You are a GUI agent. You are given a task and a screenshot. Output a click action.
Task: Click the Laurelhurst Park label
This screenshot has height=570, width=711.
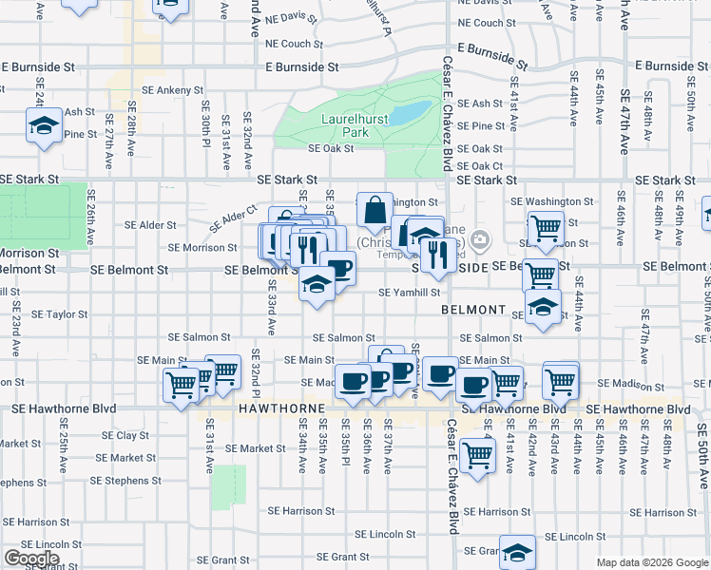click(x=344, y=125)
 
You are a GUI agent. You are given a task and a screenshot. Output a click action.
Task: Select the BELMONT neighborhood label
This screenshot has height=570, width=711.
click(x=473, y=310)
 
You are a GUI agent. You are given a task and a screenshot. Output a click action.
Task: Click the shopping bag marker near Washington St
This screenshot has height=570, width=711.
click(x=375, y=208)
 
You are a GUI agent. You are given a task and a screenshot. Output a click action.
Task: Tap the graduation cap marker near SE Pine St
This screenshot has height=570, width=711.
click(x=44, y=126)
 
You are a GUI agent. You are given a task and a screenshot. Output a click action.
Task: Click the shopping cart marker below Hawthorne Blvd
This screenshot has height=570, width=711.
click(x=477, y=454)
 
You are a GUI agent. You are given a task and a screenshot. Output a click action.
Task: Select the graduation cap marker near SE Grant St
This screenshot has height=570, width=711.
click(x=518, y=552)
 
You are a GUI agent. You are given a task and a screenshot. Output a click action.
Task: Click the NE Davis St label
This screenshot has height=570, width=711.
click(x=291, y=17)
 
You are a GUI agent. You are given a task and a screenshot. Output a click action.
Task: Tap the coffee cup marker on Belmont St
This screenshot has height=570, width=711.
click(x=337, y=268)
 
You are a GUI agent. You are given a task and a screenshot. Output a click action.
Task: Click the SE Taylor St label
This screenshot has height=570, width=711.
click(x=60, y=313)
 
